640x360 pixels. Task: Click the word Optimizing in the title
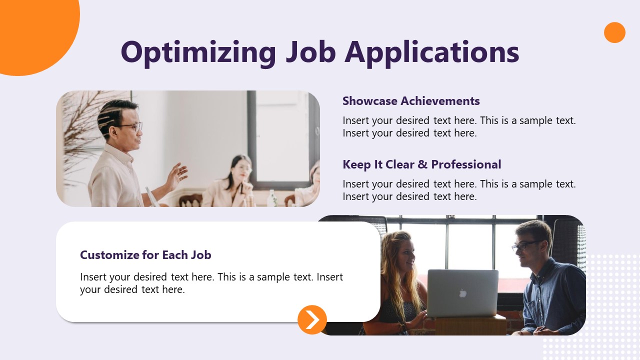point(198,51)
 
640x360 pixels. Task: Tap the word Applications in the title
point(432,51)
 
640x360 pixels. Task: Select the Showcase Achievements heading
point(411,101)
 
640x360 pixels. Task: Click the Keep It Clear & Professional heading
point(421,164)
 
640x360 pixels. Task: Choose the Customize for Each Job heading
point(145,255)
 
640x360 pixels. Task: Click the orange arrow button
point(312,319)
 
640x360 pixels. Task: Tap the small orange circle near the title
point(614,32)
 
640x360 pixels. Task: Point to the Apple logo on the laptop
point(463,293)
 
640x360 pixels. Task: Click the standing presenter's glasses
point(131,126)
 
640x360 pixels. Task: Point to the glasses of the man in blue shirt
point(525,245)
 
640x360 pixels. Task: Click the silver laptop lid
point(462,293)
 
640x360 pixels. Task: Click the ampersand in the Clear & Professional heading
point(423,164)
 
